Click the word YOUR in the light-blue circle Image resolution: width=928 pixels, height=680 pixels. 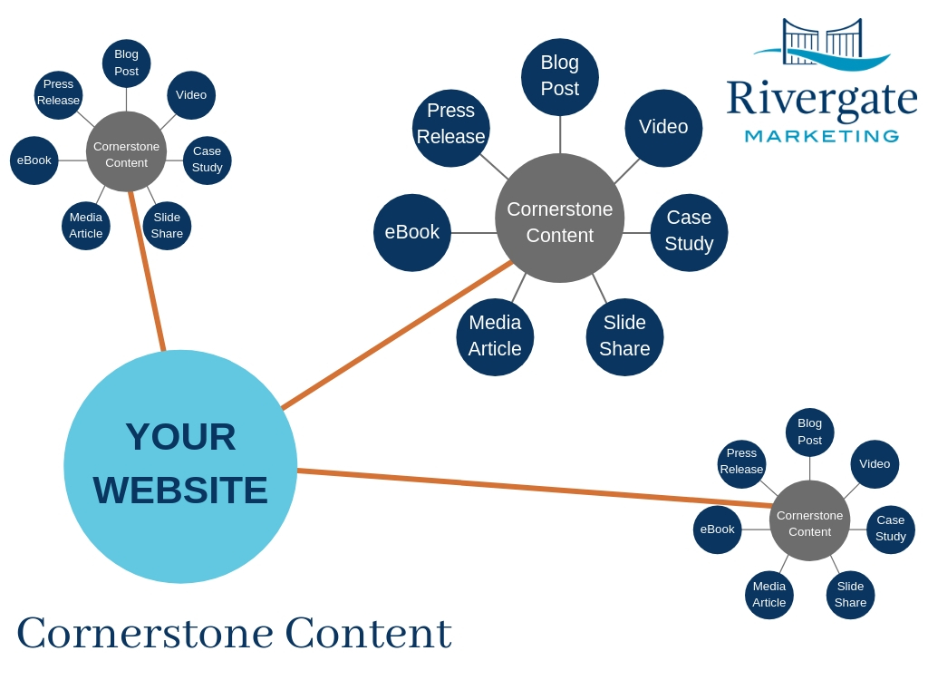click(x=180, y=437)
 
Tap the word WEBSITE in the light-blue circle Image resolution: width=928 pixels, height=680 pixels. click(x=180, y=491)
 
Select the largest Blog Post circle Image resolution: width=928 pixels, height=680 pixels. click(x=560, y=76)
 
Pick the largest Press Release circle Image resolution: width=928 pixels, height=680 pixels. click(x=451, y=127)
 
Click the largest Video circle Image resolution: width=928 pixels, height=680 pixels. click(x=663, y=128)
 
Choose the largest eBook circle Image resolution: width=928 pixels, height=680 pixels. click(x=412, y=232)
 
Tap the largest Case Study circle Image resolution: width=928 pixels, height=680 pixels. click(x=689, y=232)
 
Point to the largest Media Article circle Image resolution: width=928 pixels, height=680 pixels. click(x=495, y=336)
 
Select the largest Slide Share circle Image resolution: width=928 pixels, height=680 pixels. click(x=624, y=336)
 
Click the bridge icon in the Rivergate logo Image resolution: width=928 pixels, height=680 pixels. click(x=822, y=38)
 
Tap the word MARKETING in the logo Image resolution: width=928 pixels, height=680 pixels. click(x=821, y=137)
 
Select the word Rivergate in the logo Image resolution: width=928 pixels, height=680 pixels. click(x=821, y=98)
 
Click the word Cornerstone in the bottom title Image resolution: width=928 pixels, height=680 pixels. click(x=145, y=633)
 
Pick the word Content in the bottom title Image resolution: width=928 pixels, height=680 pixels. click(x=368, y=633)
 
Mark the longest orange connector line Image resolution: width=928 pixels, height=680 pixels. click(x=535, y=488)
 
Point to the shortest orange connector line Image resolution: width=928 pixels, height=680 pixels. click(x=148, y=270)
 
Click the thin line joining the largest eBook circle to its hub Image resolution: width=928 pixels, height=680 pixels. click(x=473, y=233)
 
